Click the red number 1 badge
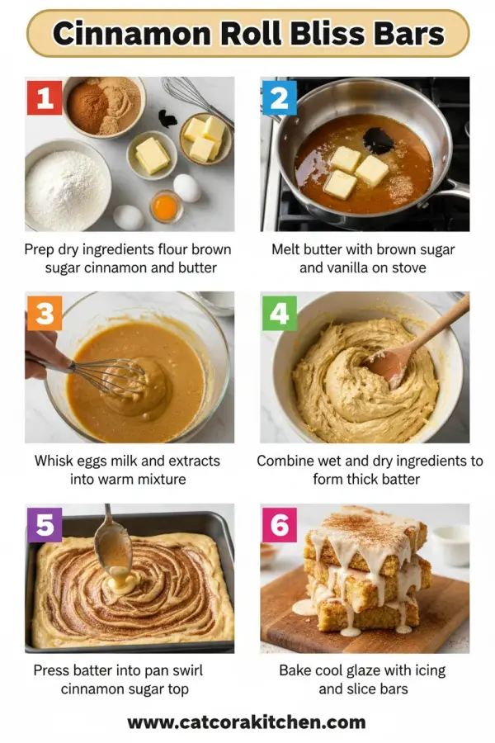click(x=44, y=97)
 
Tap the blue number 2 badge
click(x=279, y=97)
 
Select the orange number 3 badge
click(x=44, y=313)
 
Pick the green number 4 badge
click(x=279, y=313)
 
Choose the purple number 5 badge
click(x=44, y=525)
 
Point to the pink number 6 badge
click(x=279, y=525)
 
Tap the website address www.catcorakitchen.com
click(x=247, y=722)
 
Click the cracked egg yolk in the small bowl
click(x=165, y=206)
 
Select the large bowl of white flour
click(x=67, y=187)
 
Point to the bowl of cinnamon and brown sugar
click(x=103, y=106)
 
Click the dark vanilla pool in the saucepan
click(x=379, y=141)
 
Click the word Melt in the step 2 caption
click(x=289, y=249)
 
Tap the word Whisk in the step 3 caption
click(x=54, y=461)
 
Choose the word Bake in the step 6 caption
click(x=297, y=670)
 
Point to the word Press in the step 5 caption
click(x=51, y=670)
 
